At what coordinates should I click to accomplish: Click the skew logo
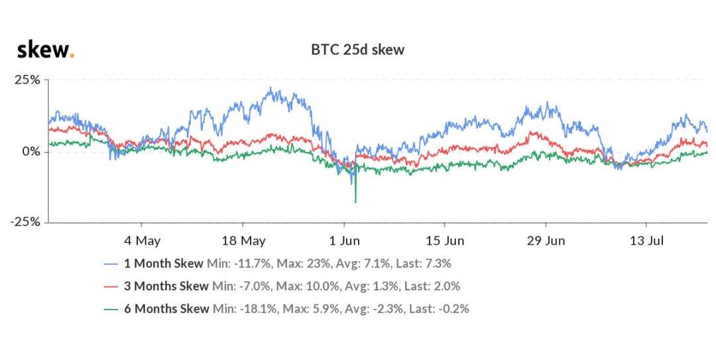coord(45,50)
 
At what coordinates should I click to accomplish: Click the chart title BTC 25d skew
coord(357,50)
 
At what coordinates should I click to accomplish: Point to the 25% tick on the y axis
coord(27,80)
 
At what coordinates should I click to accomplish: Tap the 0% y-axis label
coord(30,152)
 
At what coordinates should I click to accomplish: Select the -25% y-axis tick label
coord(25,222)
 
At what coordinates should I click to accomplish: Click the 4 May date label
coord(142,240)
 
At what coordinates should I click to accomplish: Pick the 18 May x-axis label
coord(243,240)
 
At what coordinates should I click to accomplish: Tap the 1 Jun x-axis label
coord(345,240)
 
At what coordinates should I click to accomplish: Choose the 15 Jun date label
coord(445,240)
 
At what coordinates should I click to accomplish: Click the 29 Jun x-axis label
coord(546,240)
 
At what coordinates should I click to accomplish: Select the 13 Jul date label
coord(647,240)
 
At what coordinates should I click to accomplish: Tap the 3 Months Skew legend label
coord(166,286)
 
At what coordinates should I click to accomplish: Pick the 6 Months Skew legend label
coord(166,308)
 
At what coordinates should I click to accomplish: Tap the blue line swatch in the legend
coord(111,263)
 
